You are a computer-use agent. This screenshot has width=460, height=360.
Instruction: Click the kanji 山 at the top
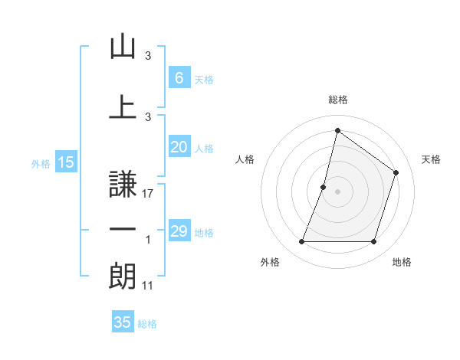[x=123, y=47]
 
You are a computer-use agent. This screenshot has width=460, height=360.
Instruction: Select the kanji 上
[x=123, y=107]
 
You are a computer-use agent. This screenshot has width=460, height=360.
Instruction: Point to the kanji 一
[x=123, y=230]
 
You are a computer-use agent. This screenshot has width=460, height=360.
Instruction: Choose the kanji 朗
[x=123, y=276]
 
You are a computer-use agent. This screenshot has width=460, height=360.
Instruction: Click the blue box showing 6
[x=179, y=78]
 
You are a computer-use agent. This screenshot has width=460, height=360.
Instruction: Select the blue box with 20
[x=179, y=148]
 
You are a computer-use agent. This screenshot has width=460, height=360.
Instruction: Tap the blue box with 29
[x=179, y=231]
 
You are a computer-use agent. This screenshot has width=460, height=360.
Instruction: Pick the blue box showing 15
[x=66, y=162]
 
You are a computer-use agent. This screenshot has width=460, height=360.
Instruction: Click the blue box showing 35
[x=123, y=322]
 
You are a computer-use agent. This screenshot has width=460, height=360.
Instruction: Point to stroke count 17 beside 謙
[x=149, y=194]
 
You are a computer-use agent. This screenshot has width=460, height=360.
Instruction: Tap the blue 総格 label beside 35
[x=147, y=324]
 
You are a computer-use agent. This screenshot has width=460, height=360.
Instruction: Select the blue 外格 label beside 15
[x=41, y=163]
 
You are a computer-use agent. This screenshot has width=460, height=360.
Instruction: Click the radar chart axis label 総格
[x=337, y=100]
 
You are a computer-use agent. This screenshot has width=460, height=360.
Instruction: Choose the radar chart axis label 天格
[x=432, y=159]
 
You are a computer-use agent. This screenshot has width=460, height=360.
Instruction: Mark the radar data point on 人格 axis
[x=324, y=187]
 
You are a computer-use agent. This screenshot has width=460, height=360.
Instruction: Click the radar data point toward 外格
[x=301, y=242]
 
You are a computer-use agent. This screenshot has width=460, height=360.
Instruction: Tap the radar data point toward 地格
[x=373, y=242]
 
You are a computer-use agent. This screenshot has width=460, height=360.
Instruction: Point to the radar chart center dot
[x=337, y=191]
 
